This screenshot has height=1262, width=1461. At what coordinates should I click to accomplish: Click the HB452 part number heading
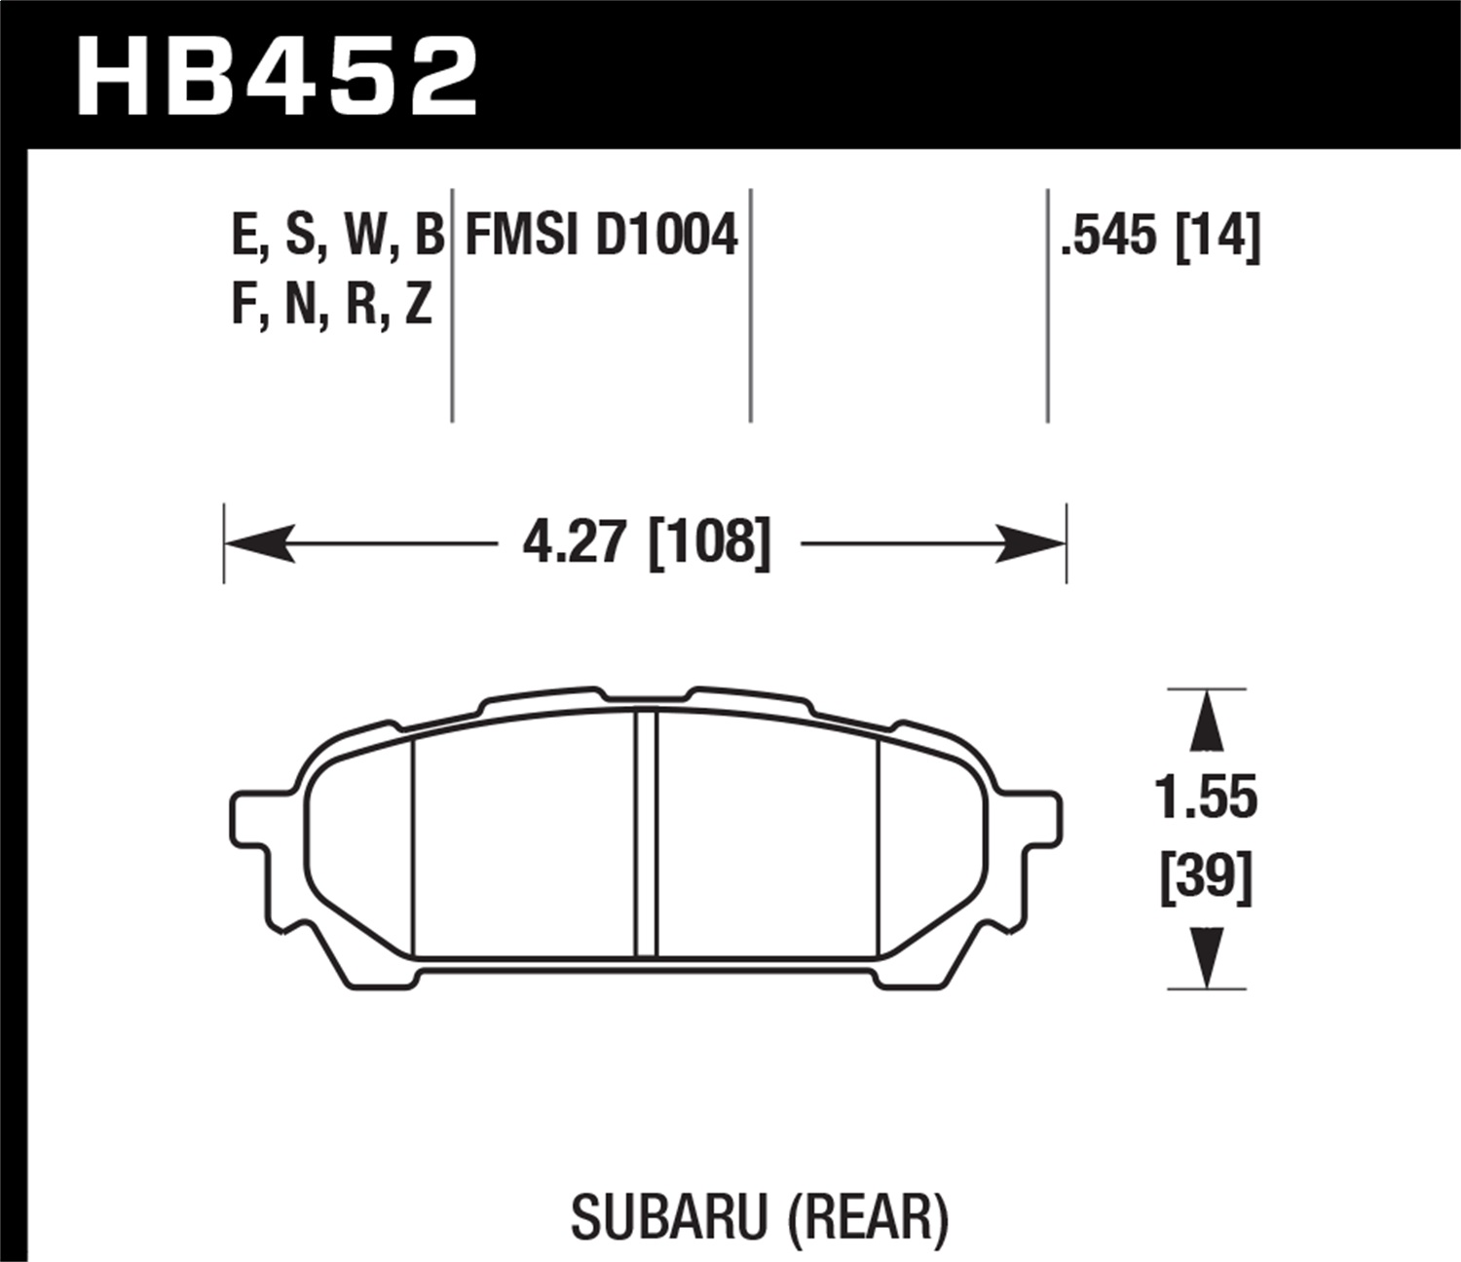click(278, 76)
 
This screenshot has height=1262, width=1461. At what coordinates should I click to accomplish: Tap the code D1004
click(666, 236)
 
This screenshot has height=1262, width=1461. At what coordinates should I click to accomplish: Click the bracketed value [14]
click(1217, 236)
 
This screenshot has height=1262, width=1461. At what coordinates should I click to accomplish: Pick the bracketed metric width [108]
click(709, 542)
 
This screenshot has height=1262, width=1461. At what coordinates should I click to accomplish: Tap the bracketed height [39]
click(1206, 878)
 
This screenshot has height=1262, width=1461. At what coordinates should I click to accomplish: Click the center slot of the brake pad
click(646, 834)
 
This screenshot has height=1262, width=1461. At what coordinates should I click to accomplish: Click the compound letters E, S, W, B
click(337, 236)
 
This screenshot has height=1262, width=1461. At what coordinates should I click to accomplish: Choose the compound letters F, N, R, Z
click(331, 306)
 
